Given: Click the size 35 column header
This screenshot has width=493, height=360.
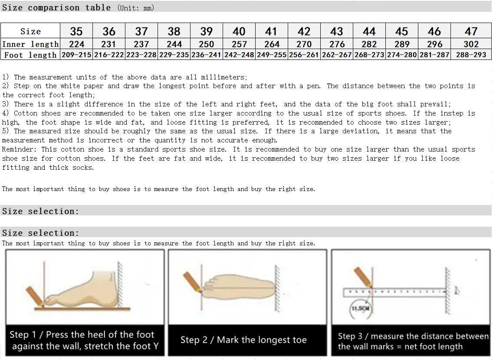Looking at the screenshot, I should [x=76, y=31].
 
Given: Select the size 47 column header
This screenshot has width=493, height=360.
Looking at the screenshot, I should [x=471, y=31].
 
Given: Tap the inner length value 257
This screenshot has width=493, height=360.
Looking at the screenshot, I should [x=239, y=44].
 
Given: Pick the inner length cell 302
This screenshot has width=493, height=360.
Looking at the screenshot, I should [x=471, y=44].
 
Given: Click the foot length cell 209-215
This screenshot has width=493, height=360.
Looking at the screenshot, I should [x=76, y=55].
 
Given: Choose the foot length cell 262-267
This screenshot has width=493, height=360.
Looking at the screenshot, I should [x=337, y=55].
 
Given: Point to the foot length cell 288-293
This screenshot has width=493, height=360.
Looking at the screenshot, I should [x=471, y=55].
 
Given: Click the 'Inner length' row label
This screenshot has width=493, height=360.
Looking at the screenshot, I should [x=30, y=44].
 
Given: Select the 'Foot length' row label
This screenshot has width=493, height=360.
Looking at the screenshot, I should [x=30, y=55].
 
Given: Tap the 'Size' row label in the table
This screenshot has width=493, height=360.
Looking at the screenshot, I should [x=30, y=31].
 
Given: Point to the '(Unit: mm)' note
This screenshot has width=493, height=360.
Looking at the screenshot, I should [x=136, y=8].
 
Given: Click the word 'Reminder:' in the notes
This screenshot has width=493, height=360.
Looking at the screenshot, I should [x=20, y=149].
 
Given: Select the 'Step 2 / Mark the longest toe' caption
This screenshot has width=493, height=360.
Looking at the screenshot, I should [x=243, y=340].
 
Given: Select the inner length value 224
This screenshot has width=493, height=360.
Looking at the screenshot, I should [x=76, y=44].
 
